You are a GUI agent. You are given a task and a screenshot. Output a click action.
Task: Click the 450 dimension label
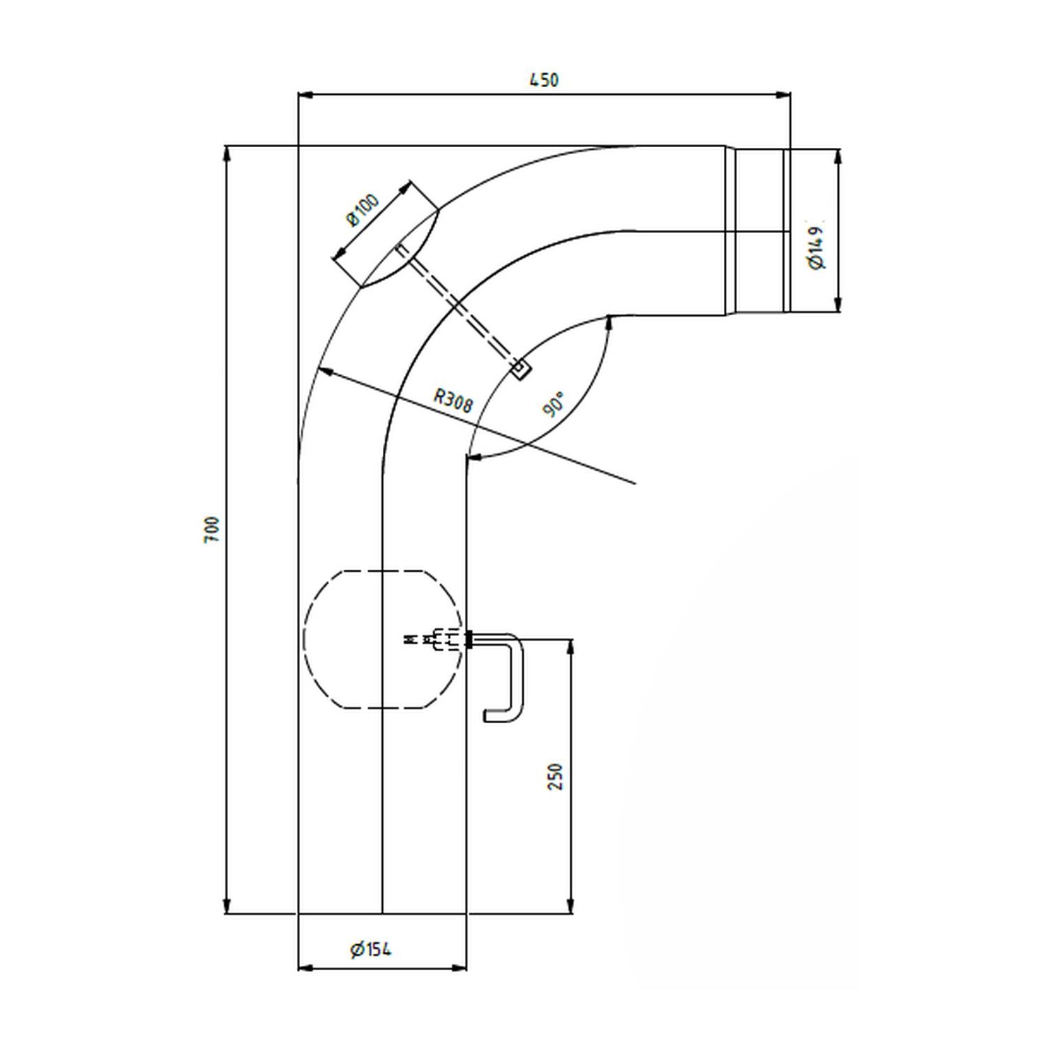coord(544,79)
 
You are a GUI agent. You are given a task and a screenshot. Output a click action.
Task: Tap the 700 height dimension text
coord(212,529)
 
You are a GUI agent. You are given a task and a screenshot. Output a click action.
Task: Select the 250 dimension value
coord(555,777)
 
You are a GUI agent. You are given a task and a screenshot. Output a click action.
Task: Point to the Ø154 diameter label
coord(371,949)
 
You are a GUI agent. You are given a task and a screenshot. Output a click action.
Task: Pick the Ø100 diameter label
coord(363,210)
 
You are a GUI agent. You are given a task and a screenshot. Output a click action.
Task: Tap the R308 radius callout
coord(453,401)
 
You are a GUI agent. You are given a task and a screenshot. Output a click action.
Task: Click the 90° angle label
coord(554,404)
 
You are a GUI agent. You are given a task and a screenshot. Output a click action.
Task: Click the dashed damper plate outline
coord(383,639)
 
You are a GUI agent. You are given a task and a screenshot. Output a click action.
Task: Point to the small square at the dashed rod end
coord(520,369)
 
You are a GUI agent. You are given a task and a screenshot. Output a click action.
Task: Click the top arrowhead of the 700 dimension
coord(226,153)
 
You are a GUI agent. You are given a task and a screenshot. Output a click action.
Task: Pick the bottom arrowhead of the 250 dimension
coord(571,905)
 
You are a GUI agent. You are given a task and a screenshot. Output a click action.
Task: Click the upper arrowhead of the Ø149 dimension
coord(838,157)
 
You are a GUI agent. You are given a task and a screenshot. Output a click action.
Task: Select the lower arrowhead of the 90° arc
coord(474,458)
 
